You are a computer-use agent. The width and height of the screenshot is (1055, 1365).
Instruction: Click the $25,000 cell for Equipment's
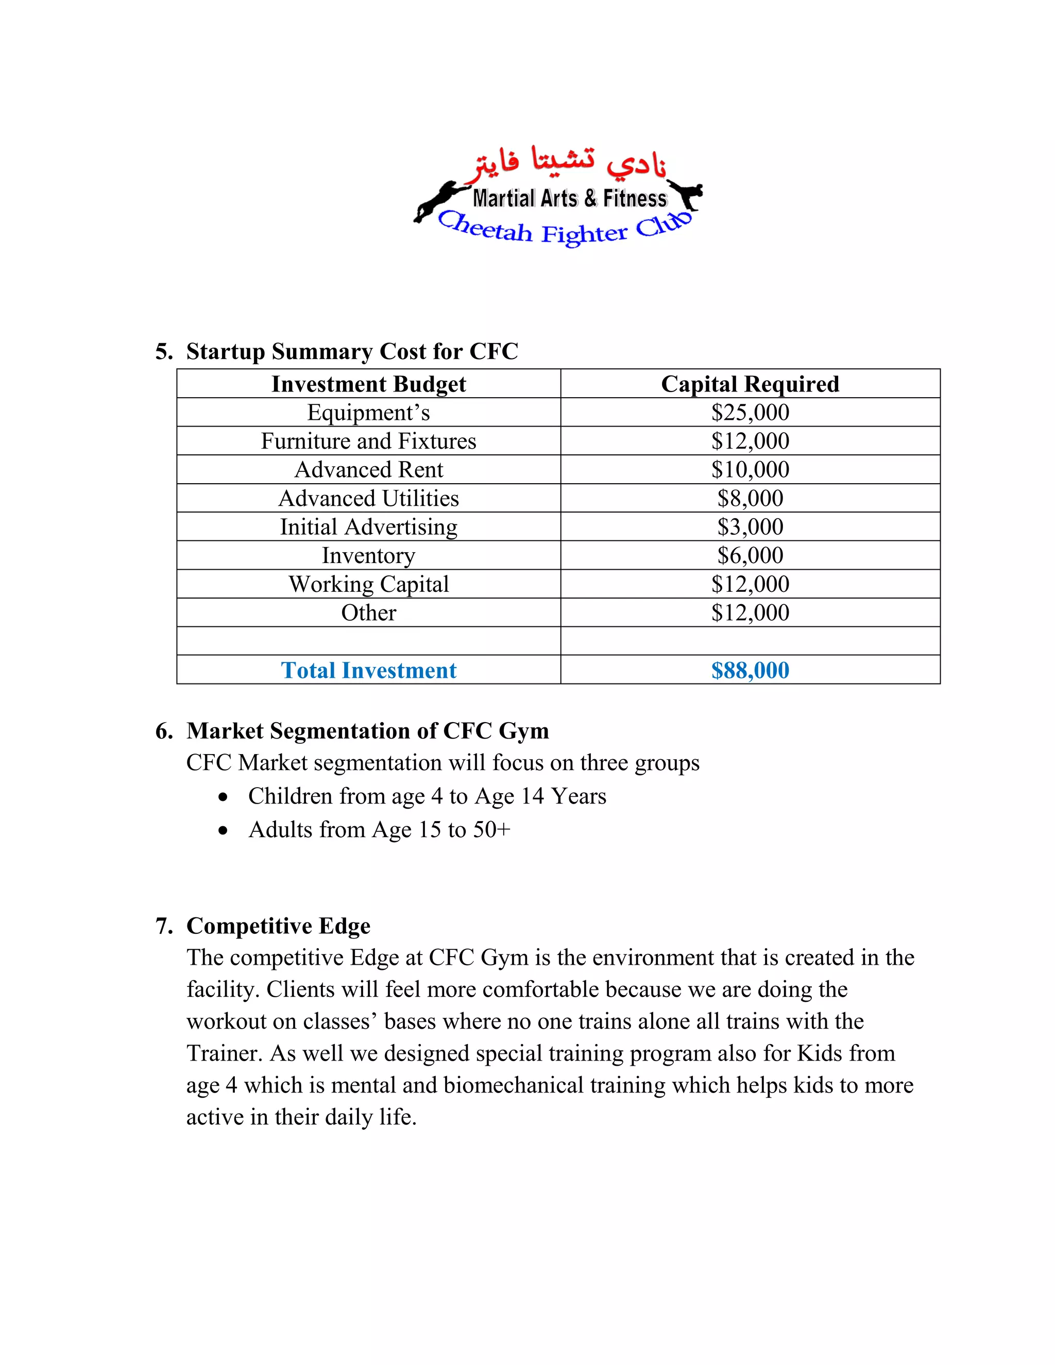point(750,413)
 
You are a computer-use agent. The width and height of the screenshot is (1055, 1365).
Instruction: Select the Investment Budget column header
point(368,384)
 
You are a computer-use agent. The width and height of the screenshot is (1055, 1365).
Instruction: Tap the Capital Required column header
point(750,384)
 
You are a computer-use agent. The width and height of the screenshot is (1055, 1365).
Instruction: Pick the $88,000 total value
point(750,670)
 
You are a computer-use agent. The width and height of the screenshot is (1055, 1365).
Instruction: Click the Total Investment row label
point(368,670)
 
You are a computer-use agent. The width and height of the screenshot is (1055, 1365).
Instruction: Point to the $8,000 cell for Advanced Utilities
point(750,498)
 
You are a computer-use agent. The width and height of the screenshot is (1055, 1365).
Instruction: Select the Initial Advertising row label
point(368,527)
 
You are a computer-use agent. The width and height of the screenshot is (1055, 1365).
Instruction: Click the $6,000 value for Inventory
point(750,555)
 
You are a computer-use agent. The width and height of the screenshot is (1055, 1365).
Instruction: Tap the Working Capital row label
point(368,584)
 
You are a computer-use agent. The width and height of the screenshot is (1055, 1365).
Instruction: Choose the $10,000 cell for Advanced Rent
point(750,469)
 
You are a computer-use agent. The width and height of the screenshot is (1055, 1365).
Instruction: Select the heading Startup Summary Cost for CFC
point(352,351)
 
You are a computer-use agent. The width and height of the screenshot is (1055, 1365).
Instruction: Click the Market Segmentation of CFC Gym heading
point(367,730)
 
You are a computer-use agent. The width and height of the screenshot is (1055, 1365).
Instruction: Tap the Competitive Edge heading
point(278,926)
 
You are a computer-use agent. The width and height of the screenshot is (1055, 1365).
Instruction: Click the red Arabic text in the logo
point(569,161)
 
